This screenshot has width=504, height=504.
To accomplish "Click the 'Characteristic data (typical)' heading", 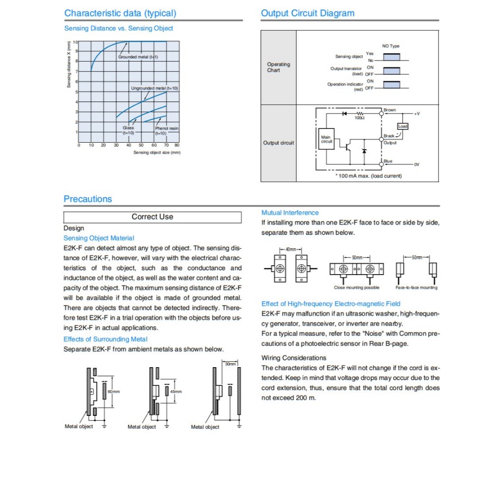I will pos(120,13).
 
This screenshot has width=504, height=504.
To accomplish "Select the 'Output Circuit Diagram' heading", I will pos(308,13).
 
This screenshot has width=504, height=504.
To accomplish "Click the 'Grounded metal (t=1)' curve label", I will pos(138,57).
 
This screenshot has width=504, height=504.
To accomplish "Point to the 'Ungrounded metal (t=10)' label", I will pos(155,88).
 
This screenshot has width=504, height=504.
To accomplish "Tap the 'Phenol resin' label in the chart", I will pos(167,128).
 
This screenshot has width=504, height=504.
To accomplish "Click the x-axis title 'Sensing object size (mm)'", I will pos(157,153).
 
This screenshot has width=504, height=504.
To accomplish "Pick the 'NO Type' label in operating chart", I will pos(391,46).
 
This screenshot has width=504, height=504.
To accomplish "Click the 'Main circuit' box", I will pos(326,139).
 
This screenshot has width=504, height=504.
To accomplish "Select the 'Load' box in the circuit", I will pos(403,126).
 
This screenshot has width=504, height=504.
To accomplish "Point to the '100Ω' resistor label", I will pos(359,118).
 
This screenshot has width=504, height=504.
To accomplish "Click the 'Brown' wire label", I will pos(390,110).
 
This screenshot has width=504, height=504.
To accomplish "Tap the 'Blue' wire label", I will pos(388,161).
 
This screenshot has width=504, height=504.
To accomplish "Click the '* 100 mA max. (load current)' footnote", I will pos(368,176).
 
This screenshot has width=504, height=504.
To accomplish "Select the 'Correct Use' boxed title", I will pos(153,217).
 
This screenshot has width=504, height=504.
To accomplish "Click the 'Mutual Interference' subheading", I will pos(290,213).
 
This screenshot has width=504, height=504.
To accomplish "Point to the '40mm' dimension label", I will pos(291,250).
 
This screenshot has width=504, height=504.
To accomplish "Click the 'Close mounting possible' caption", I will pos(357,287).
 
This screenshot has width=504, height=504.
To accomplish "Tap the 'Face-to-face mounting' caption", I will pos(416,287).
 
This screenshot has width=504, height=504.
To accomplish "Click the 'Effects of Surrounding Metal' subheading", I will pos(105,339).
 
